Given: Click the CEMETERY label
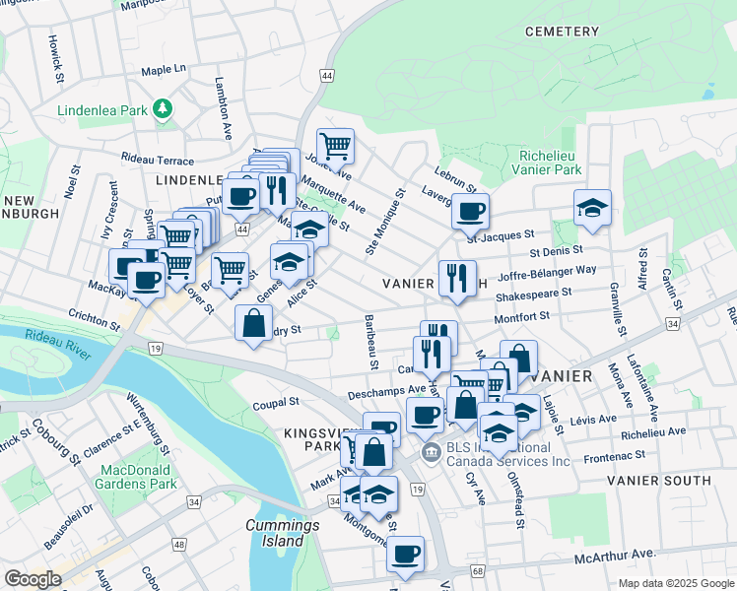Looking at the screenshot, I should point(562,32).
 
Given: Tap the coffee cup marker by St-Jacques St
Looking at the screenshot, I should point(470,210).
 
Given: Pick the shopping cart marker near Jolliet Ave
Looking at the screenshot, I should point(335,147).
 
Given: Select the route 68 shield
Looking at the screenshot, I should point(478,571).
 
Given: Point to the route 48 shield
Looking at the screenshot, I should point(179,544).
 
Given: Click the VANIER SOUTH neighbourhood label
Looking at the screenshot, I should point(658,481).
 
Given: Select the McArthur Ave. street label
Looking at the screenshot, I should point(615,558).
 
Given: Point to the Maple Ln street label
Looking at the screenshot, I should point(164,70).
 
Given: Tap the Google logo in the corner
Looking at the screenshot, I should point(33,579).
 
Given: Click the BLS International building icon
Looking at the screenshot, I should point(430,453).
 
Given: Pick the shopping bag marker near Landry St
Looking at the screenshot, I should point(254,322).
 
